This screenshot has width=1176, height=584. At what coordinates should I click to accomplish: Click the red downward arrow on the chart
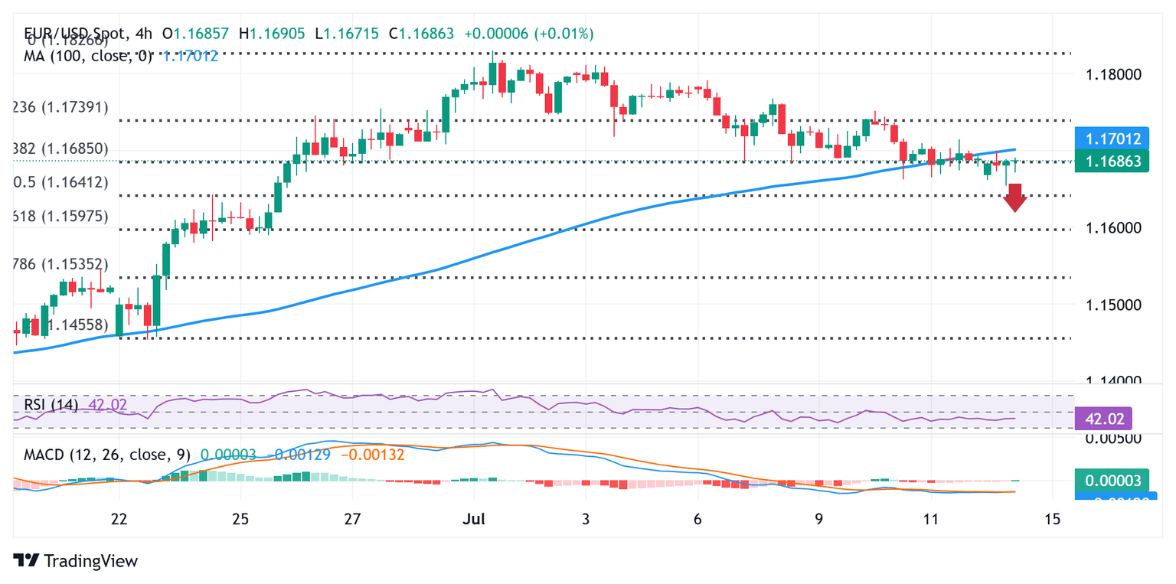pyautogui.click(x=1015, y=197)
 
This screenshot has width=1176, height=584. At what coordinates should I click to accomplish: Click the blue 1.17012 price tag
pyautogui.click(x=1112, y=139)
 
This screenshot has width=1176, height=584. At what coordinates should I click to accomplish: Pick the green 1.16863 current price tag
pyautogui.click(x=1112, y=161)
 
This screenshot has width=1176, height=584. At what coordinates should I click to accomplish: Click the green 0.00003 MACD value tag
pyautogui.click(x=1112, y=480)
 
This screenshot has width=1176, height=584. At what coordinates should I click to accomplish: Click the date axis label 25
pyautogui.click(x=240, y=520)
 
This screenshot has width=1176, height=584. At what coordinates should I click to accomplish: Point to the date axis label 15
pyautogui.click(x=1053, y=520)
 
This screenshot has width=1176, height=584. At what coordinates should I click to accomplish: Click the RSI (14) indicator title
pyautogui.click(x=51, y=404)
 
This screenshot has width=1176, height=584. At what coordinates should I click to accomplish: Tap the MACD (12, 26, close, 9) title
pyautogui.click(x=105, y=455)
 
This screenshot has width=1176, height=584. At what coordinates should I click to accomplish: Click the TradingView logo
pyautogui.click(x=77, y=560)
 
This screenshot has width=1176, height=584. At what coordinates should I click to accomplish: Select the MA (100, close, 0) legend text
pyautogui.click(x=88, y=55)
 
